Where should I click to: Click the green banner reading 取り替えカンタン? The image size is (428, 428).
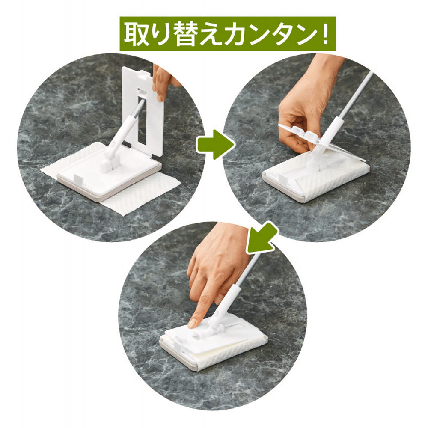click(x=227, y=34)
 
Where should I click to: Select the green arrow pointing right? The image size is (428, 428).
click(x=214, y=146)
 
